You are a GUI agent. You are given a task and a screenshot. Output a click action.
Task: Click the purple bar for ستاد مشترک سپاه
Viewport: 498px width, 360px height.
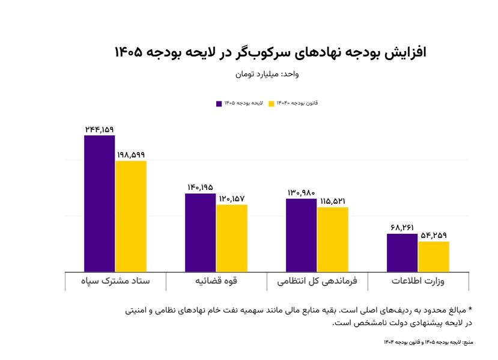coord(99,203)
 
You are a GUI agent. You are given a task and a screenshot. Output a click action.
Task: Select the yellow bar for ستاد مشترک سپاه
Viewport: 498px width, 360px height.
coord(131,216)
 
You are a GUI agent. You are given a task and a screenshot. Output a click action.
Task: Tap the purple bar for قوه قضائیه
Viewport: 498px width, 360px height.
coord(200,232)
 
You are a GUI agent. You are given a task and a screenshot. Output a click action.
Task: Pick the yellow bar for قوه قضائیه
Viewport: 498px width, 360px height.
coord(232,238)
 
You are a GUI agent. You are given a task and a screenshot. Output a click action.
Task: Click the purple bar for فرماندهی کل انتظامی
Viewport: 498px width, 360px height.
coord(301,235)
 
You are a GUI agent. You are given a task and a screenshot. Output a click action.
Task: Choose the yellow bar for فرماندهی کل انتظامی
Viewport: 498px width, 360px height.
coord(333,239)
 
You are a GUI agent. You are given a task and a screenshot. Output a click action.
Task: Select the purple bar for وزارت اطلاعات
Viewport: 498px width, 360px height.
coord(402,252)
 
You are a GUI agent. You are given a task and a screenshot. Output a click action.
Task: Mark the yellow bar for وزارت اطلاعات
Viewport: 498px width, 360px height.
coord(434,256)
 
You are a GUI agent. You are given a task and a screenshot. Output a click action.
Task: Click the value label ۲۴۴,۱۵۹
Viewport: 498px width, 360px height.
coord(99,129)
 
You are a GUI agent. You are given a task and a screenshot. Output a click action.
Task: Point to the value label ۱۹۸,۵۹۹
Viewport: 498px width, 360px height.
coord(131,154)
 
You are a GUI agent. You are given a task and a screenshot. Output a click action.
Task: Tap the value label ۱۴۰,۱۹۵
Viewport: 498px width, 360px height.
coord(200,187)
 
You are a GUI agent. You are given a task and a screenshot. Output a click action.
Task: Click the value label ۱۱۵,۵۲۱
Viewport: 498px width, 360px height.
coord(333,201)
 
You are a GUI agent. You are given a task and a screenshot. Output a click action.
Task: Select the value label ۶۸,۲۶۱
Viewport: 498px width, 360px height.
coord(402,228)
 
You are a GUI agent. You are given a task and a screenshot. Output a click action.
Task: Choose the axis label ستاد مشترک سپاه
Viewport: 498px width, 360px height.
coord(115,281)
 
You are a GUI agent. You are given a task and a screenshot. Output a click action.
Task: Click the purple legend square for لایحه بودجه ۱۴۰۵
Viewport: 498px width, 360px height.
coord(219,103)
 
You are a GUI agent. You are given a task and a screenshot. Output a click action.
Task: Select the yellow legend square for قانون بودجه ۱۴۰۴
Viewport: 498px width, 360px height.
coord(272,103)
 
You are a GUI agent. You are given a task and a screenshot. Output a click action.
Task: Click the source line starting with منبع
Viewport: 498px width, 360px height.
coord(428,342)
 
